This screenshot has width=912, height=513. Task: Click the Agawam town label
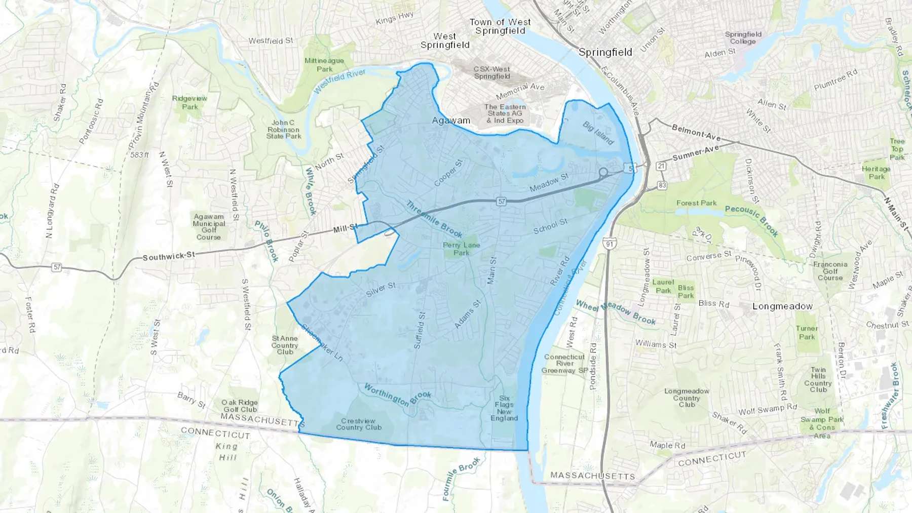pyautogui.click(x=451, y=121)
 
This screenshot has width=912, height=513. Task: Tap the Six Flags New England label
pyautogui.click(x=504, y=408)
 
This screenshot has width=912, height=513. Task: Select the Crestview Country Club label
pyautogui.click(x=359, y=424)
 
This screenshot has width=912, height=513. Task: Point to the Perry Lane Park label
pyautogui.click(x=461, y=249)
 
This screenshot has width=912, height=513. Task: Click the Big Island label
pyautogui.click(x=598, y=133)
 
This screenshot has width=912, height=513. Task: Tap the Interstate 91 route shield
pyautogui.click(x=609, y=244)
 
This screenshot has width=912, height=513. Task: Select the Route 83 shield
pyautogui.click(x=662, y=186)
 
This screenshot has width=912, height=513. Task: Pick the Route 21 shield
pyautogui.click(x=661, y=166)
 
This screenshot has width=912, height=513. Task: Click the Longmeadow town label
pyautogui.click(x=782, y=306)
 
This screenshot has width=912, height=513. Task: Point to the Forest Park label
pyautogui.click(x=696, y=203)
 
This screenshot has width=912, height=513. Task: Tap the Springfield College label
pyautogui.click(x=743, y=38)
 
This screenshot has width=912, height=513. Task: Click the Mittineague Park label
pyautogui.click(x=324, y=65)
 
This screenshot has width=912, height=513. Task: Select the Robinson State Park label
pyautogui.click(x=283, y=130)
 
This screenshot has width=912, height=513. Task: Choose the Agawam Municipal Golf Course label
pyautogui.click(x=209, y=227)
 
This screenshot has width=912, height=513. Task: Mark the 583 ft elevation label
pyautogui.click(x=139, y=155)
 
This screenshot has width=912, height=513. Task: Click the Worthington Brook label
pyautogui.click(x=397, y=395)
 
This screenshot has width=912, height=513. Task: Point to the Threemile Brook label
pyautogui.click(x=434, y=219)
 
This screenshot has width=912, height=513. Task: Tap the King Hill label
pyautogui.click(x=226, y=452)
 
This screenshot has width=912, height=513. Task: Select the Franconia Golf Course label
pyautogui.click(x=830, y=271)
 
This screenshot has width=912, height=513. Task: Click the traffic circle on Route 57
pyautogui.click(x=603, y=172)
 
